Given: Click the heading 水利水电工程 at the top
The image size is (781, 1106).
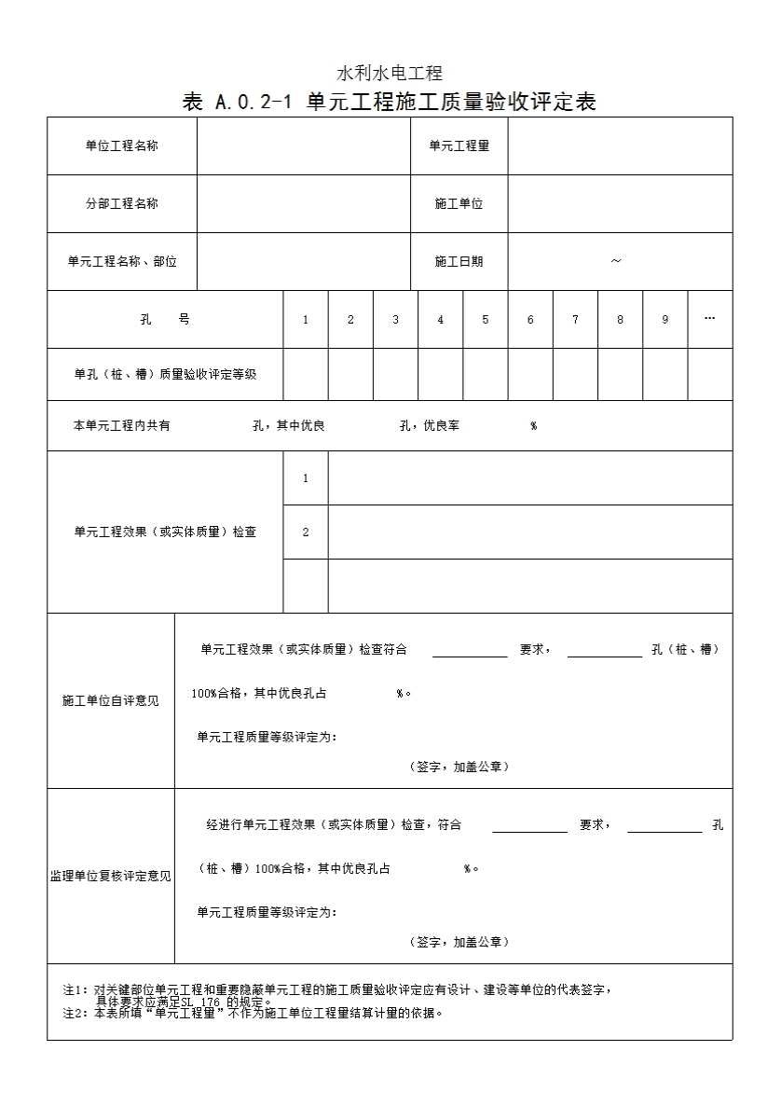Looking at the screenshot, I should pos(389,73).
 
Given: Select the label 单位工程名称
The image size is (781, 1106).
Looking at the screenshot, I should pos(122,145).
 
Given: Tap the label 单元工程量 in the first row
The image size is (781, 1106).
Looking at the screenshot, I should pos(459,145).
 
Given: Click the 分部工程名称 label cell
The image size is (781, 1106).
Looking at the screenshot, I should pos(122,203).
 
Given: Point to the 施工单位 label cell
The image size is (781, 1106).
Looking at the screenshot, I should pos(459,203).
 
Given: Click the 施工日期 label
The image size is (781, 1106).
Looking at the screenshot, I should pos(459,261).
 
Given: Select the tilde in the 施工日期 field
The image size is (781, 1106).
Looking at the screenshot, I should pos(616,261).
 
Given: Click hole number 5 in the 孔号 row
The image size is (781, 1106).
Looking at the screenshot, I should pos(486,319).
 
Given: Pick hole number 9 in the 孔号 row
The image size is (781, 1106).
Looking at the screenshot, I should pos(665,319).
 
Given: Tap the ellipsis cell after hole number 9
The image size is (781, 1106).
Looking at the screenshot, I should pos(709,318).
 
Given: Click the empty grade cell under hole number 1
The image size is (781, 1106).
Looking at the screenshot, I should pos(306,374).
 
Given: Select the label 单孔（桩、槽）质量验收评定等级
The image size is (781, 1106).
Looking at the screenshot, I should pos(165,374).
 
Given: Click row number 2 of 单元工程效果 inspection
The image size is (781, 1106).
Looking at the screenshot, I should pos(306,532).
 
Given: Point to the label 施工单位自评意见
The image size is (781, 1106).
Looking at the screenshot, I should pos(111,700).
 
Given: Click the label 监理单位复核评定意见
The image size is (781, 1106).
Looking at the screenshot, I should pos(111,876).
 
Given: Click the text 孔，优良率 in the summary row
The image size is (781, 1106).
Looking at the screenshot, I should pos(429,425).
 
